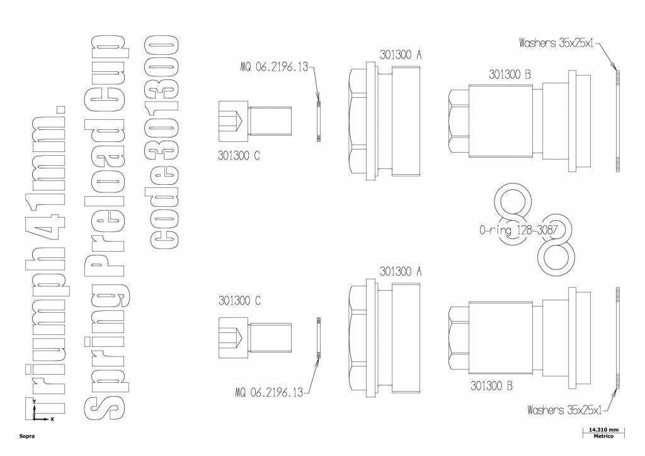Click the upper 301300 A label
point(400,55)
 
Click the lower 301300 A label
point(400,271)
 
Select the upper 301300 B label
point(510,74)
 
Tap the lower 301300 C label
point(239,301)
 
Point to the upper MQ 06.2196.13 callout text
point(275,66)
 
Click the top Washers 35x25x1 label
point(557,44)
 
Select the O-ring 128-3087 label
point(518,230)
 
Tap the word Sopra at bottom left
point(26,436)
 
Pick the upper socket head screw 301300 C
point(255,120)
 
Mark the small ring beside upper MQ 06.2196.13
point(319,120)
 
